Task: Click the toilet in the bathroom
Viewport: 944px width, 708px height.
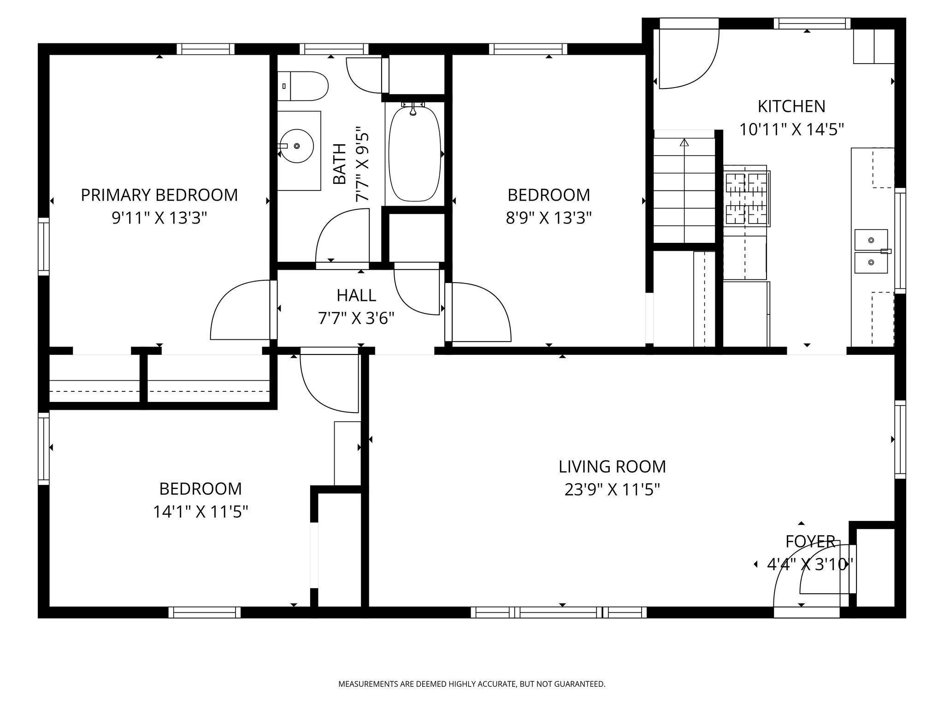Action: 303,86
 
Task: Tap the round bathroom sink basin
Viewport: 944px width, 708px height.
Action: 297,146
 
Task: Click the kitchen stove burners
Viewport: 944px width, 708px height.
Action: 746,199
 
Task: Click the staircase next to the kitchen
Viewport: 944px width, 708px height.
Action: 684,190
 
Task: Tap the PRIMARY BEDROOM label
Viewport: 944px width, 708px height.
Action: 159,195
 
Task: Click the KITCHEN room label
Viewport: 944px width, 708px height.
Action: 791,106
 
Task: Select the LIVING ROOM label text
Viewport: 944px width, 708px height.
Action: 612,466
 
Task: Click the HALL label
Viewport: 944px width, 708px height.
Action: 356,295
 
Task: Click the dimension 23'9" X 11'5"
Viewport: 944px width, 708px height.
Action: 612,490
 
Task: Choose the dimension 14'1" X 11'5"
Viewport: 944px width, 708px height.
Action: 201,512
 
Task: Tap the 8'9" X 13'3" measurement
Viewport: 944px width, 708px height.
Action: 549,218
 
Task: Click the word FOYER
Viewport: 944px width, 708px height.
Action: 810,542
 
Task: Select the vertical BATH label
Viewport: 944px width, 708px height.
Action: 340,164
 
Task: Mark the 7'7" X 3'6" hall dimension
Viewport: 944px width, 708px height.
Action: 356,318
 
